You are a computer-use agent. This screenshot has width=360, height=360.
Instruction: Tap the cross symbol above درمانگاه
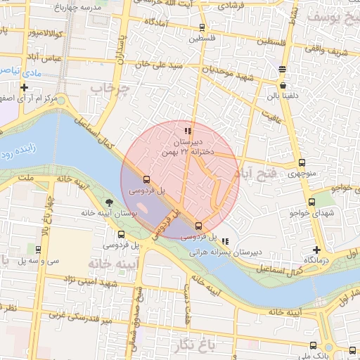pos(316,250)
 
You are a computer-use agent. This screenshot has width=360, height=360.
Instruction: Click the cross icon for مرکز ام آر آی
pos(25,88)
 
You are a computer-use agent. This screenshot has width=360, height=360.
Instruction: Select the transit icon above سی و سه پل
pos(37,250)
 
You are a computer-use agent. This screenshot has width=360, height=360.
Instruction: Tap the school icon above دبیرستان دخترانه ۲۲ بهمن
pos(187,131)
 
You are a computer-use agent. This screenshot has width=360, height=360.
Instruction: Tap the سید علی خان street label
pos(161,66)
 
